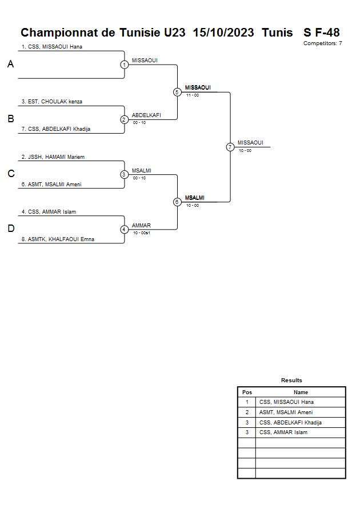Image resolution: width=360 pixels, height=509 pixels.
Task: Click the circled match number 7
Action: pos(230,147)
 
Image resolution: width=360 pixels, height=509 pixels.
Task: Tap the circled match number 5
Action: pos(177,92)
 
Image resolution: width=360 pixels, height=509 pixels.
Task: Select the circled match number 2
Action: pos(125,120)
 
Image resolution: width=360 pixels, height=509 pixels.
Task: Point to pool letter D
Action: pos(11,229)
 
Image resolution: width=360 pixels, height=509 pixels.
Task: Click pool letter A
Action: pos(11,64)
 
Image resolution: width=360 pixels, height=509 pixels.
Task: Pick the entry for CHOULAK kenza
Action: pos(52,102)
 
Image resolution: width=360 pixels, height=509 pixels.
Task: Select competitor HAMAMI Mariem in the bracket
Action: pos(53,157)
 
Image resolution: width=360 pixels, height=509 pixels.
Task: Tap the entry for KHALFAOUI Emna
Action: pos(58,239)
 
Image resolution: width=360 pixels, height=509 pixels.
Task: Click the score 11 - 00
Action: pos(193,95)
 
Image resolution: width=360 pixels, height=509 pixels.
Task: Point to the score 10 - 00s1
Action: pos(142,233)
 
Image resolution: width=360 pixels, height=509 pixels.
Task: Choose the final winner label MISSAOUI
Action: pos(250,143)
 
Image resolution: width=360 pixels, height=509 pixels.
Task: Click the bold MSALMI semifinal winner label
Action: pos(195,198)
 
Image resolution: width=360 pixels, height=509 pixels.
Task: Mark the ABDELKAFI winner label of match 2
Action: pos(146,115)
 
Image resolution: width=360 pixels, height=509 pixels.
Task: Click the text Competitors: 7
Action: pos(323,43)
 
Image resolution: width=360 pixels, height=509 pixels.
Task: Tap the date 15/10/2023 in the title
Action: pos(223,33)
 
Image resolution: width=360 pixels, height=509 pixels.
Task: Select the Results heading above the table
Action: pos(291,380)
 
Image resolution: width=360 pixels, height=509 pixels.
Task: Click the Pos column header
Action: pos(247,392)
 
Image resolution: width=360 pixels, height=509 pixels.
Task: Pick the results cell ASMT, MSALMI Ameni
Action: pos(286,412)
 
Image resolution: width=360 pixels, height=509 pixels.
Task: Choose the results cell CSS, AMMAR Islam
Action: pos(283,432)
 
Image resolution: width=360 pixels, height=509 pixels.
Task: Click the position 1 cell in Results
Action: pos(247,402)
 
